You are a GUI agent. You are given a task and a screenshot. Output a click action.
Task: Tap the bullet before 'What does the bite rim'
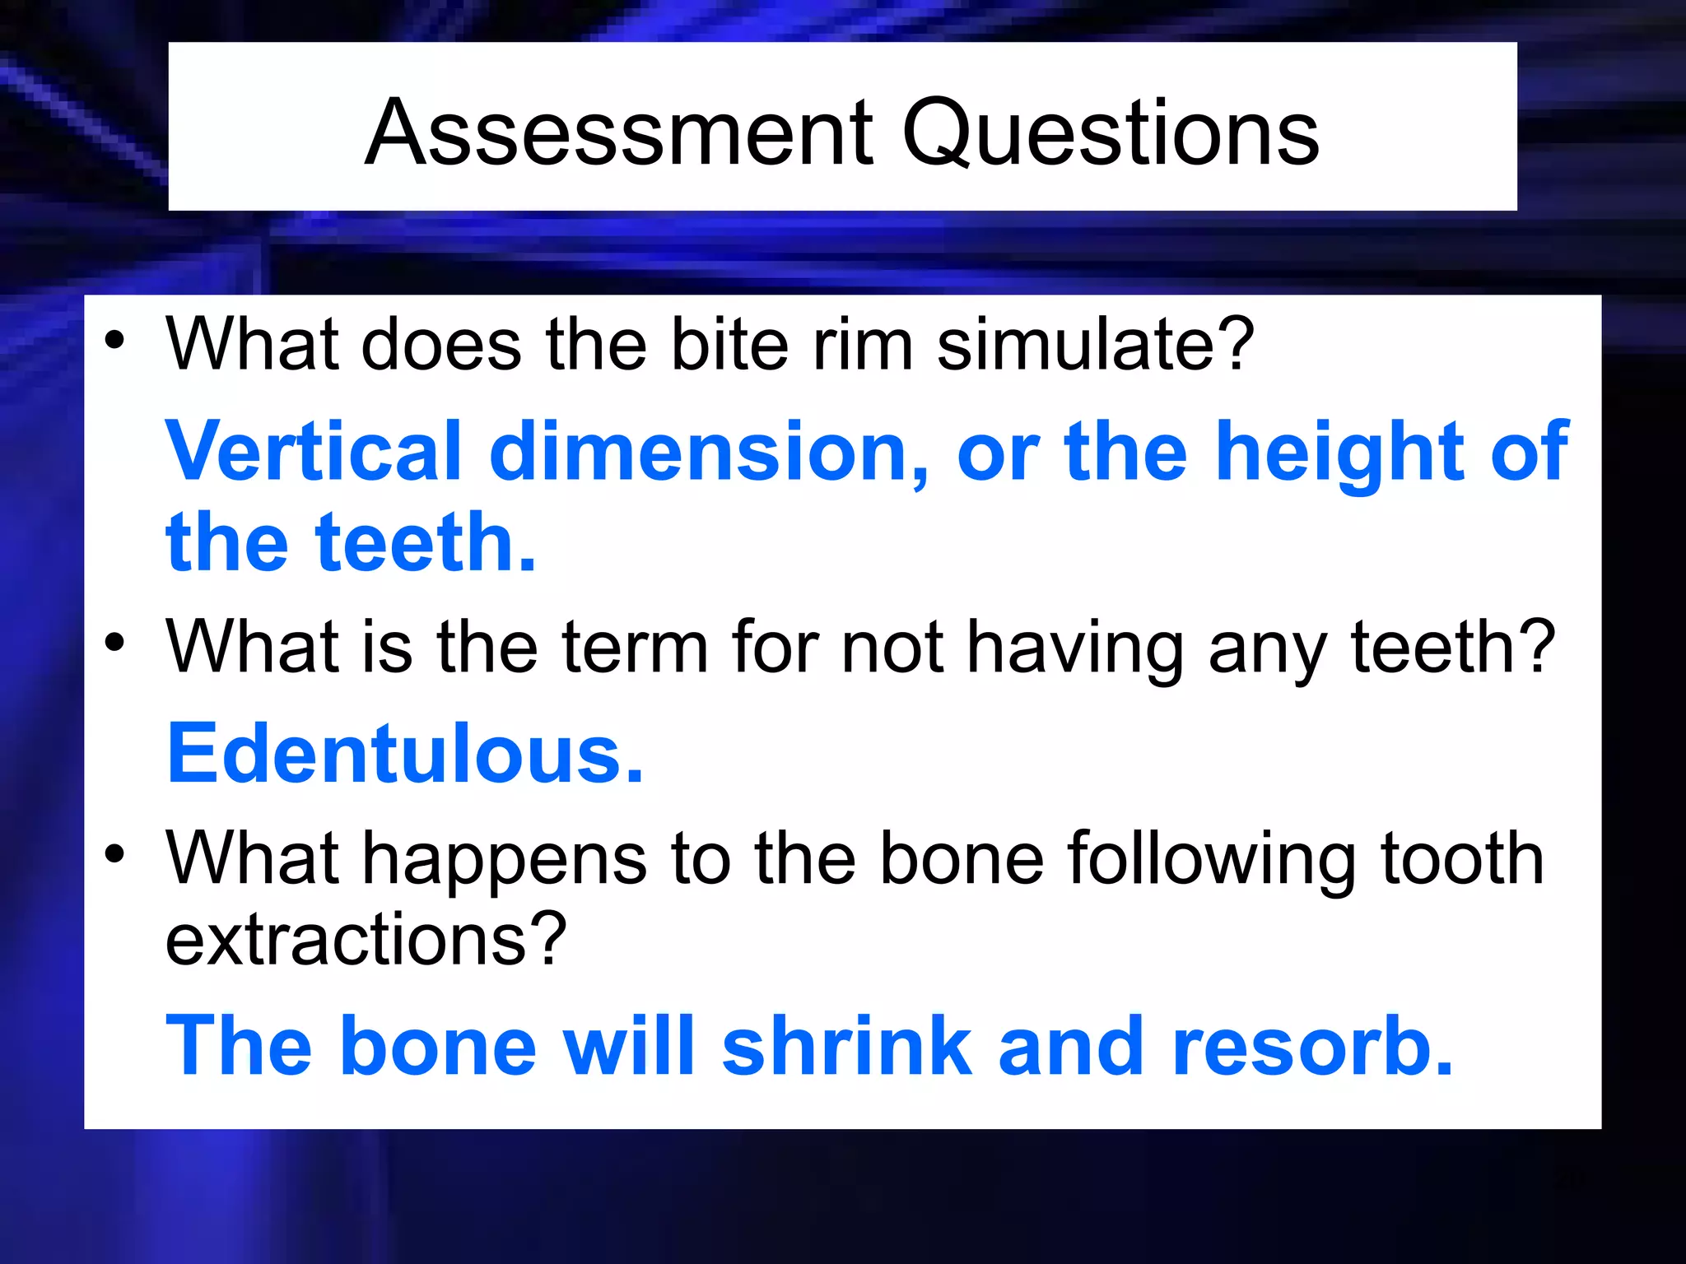coord(114,339)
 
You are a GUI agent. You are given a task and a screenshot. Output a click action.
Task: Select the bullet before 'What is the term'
coord(114,642)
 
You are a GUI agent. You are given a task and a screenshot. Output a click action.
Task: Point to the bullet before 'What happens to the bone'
coord(114,853)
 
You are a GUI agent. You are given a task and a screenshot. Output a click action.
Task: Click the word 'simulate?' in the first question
coord(1096,344)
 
